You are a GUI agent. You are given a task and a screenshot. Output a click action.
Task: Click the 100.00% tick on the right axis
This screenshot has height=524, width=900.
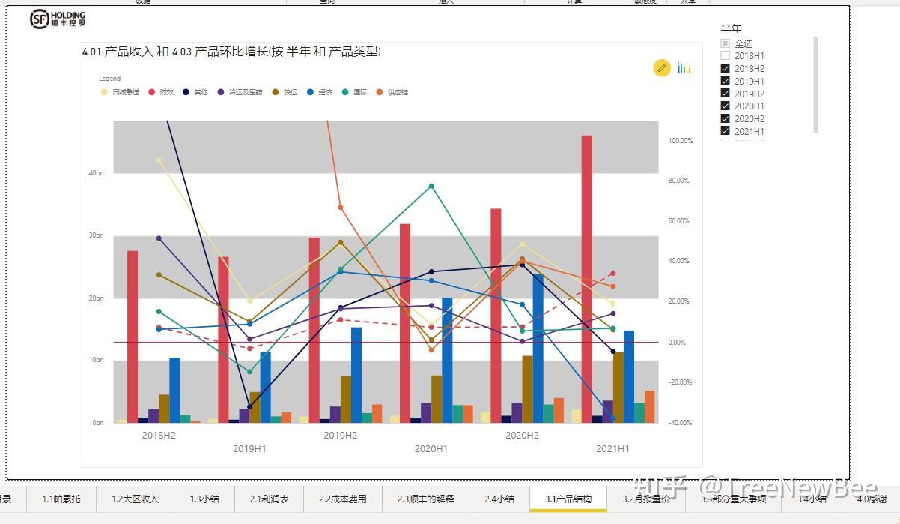[x=680, y=141]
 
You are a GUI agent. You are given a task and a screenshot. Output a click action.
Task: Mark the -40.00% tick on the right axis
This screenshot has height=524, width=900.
[x=680, y=423]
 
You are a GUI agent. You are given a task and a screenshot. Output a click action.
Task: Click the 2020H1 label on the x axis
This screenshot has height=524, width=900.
[x=431, y=448]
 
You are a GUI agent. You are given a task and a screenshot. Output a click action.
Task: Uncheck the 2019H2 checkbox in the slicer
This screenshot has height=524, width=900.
[x=725, y=94]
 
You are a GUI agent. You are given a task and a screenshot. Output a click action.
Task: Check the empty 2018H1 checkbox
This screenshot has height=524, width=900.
[x=725, y=56]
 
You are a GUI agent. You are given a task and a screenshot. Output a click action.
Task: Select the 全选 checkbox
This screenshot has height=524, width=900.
[x=725, y=44]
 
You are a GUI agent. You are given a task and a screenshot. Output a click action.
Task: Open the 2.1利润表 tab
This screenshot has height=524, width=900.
[x=269, y=499]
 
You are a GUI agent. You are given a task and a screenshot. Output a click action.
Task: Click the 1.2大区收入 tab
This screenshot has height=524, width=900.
[x=135, y=499]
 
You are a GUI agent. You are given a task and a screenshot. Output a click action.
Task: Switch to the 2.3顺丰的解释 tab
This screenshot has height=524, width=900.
[x=425, y=499]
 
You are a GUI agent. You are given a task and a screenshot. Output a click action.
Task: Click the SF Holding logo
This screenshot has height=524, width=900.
[x=58, y=19]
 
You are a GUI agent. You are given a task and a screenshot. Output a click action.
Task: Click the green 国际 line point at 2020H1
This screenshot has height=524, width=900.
[x=431, y=186]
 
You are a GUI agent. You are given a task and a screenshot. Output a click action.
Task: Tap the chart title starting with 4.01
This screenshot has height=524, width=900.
[x=231, y=52]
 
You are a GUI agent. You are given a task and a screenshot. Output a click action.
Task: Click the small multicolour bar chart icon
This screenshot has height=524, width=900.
[x=684, y=68]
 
